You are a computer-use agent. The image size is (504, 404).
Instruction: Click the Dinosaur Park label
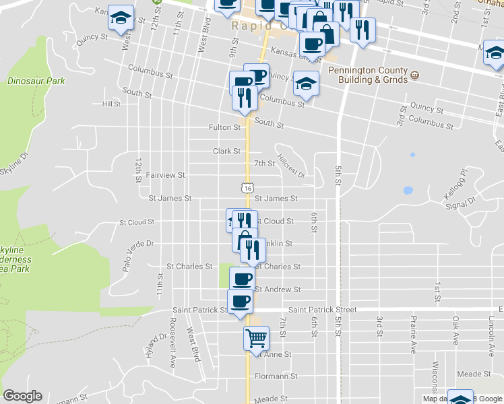click(x=36, y=81)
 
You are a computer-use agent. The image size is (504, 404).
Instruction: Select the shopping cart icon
click(x=256, y=337)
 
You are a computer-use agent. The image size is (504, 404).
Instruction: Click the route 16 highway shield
click(x=248, y=189)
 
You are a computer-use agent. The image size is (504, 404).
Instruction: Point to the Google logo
click(x=22, y=396)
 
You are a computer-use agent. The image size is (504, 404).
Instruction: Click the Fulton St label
click(x=224, y=127)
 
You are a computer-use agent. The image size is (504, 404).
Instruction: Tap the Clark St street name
click(x=226, y=151)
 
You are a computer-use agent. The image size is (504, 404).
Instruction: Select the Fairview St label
click(x=166, y=175)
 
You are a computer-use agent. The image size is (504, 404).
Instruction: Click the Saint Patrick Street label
click(x=322, y=310)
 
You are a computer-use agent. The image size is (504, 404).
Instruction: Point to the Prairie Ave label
click(x=413, y=334)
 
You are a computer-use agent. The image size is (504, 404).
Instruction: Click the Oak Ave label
click(x=455, y=329)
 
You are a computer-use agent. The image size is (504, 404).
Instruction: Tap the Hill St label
click(x=111, y=104)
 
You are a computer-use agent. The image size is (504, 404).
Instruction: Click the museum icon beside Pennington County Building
click(x=414, y=75)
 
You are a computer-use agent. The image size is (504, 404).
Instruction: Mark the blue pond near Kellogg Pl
click(x=408, y=191)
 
